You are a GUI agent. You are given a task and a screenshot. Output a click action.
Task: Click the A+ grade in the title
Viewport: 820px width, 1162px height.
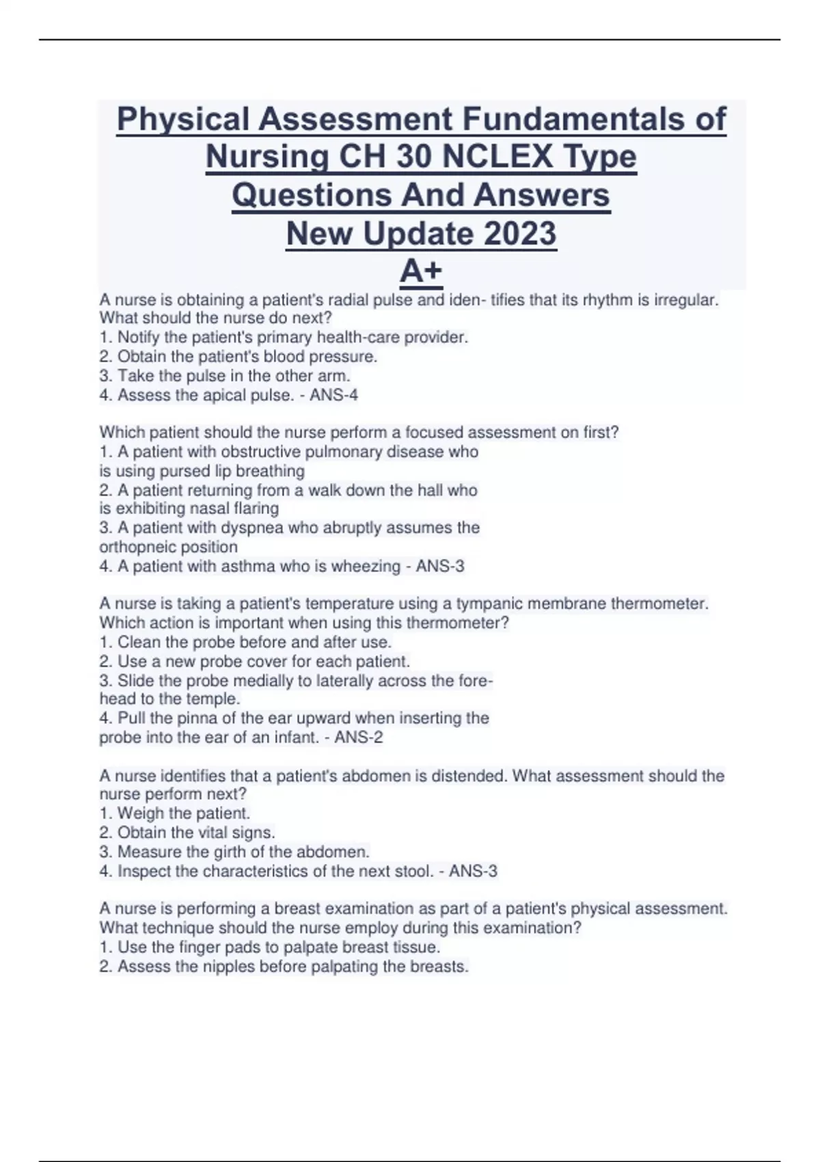(x=421, y=271)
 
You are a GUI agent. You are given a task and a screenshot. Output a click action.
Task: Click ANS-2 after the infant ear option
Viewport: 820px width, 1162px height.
(x=359, y=738)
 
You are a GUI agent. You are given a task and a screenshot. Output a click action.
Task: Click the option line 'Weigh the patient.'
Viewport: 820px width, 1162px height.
(x=183, y=813)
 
